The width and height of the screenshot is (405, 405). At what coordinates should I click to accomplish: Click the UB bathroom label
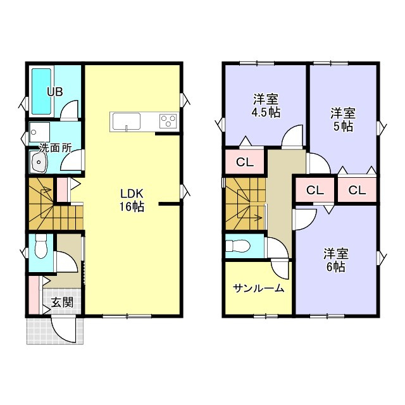[54, 90]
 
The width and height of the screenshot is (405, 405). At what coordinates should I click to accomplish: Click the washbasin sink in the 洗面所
[40, 163]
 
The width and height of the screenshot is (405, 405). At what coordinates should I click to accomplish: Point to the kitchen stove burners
[168, 120]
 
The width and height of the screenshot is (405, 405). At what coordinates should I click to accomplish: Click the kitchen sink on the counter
[128, 120]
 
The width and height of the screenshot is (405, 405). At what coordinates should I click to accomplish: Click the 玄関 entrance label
[61, 302]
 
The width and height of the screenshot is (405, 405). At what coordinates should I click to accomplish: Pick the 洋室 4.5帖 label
[266, 105]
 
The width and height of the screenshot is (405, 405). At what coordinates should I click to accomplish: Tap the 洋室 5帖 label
[342, 120]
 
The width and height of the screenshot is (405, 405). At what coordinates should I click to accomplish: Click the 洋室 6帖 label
[335, 260]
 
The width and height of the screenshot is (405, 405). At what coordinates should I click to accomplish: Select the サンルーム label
[258, 289]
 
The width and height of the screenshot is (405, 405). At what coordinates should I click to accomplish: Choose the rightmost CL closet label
[356, 190]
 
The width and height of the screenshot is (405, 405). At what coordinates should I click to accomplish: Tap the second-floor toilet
[241, 246]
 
